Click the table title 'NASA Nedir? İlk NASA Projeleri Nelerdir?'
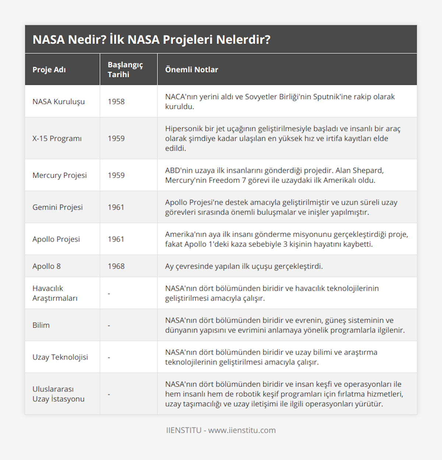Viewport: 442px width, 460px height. pyautogui.click(x=151, y=39)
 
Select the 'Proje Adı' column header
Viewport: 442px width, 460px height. pyautogui.click(x=49, y=70)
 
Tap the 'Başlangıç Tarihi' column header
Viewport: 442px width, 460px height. pyautogui.click(x=125, y=70)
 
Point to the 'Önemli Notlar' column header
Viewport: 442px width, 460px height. pyautogui.click(x=192, y=70)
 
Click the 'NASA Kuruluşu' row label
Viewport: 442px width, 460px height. pyautogui.click(x=59, y=102)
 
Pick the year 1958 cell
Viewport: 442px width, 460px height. pyautogui.click(x=116, y=102)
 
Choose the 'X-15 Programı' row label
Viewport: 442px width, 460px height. pyautogui.click(x=57, y=139)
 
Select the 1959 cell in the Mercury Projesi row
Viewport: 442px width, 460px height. pyautogui.click(x=116, y=175)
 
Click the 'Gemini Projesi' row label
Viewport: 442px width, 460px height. pyautogui.click(x=57, y=208)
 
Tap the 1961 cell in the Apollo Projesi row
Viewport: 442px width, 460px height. pyautogui.click(x=116, y=239)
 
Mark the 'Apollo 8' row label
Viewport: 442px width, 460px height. pyautogui.click(x=46, y=266)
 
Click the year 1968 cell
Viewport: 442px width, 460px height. pyautogui.click(x=116, y=266)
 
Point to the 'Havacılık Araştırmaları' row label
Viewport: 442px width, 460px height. pyautogui.click(x=55, y=293)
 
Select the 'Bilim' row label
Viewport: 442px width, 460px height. pyautogui.click(x=41, y=325)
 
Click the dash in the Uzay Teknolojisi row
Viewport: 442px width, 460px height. pyautogui.click(x=109, y=357)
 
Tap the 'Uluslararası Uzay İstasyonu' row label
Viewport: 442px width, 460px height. pyautogui.click(x=58, y=394)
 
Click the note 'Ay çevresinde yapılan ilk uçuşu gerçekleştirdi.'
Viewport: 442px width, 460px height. pyautogui.click(x=244, y=266)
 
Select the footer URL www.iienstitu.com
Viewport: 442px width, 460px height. pyautogui.click(x=242, y=431)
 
